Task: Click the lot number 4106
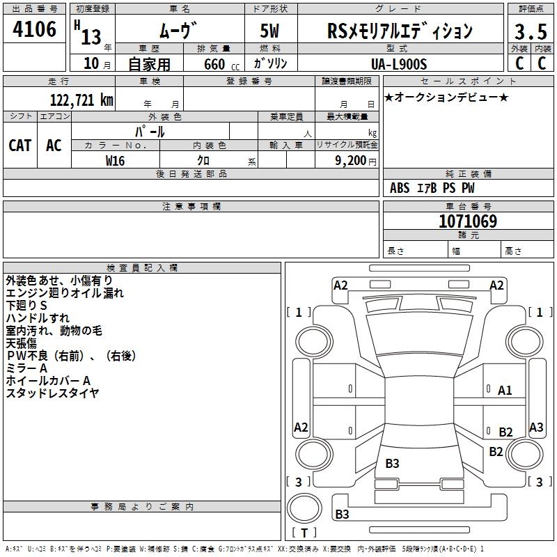(x=34, y=29)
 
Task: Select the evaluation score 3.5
(x=530, y=31)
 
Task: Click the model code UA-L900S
(x=400, y=63)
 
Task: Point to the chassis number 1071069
(x=468, y=221)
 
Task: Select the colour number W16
(x=115, y=160)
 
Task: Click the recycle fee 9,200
(x=348, y=161)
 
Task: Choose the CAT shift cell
(x=19, y=145)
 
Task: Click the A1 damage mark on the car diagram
(x=505, y=391)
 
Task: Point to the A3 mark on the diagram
(x=536, y=427)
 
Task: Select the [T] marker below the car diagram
(x=304, y=533)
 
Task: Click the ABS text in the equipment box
(x=400, y=188)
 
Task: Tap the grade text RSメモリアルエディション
(x=400, y=31)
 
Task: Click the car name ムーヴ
(x=179, y=31)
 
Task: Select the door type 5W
(x=271, y=31)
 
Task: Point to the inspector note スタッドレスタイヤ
(x=52, y=393)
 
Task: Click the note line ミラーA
(x=26, y=368)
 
